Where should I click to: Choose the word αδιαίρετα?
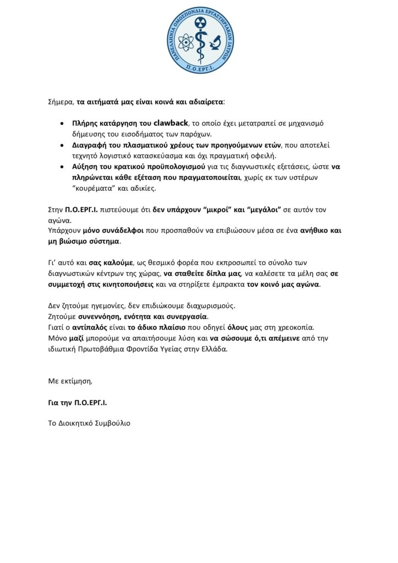click(204, 102)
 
